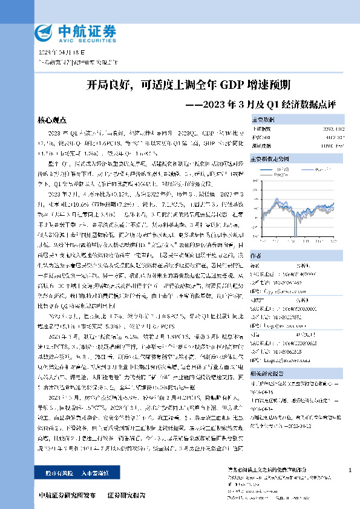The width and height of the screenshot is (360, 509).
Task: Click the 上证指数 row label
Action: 262,129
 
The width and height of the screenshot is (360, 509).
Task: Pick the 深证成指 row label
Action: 262,145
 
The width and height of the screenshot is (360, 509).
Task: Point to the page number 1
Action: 350,471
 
